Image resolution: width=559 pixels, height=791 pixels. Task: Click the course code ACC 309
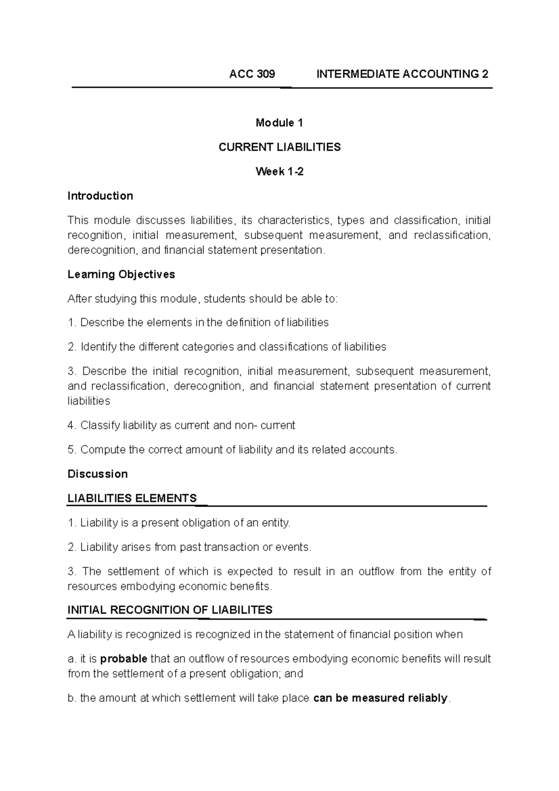[x=252, y=74]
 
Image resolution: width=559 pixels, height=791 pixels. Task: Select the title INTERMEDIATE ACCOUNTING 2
[x=402, y=74]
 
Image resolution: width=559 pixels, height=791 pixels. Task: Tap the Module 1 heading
[x=279, y=123]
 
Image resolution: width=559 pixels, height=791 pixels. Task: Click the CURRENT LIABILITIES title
[x=279, y=147]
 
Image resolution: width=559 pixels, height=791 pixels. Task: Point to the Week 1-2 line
[x=279, y=171]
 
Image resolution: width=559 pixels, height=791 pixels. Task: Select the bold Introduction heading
[x=100, y=196]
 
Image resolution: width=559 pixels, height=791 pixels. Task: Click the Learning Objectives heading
[x=121, y=274]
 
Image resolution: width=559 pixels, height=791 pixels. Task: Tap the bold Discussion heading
[x=97, y=474]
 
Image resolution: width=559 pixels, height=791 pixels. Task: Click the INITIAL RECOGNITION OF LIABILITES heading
[x=170, y=610]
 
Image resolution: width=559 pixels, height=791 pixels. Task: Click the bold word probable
[x=124, y=659]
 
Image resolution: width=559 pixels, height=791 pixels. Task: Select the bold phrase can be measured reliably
[x=381, y=698]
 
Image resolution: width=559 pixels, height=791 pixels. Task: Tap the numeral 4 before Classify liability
[x=71, y=425]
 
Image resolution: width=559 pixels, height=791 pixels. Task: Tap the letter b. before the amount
[x=72, y=698]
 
